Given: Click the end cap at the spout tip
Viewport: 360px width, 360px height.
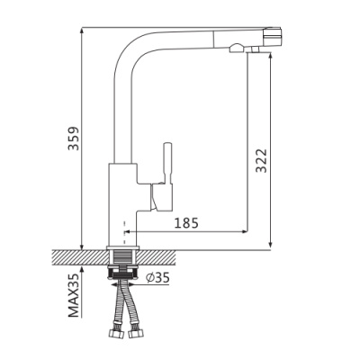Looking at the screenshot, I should click(276, 37).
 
